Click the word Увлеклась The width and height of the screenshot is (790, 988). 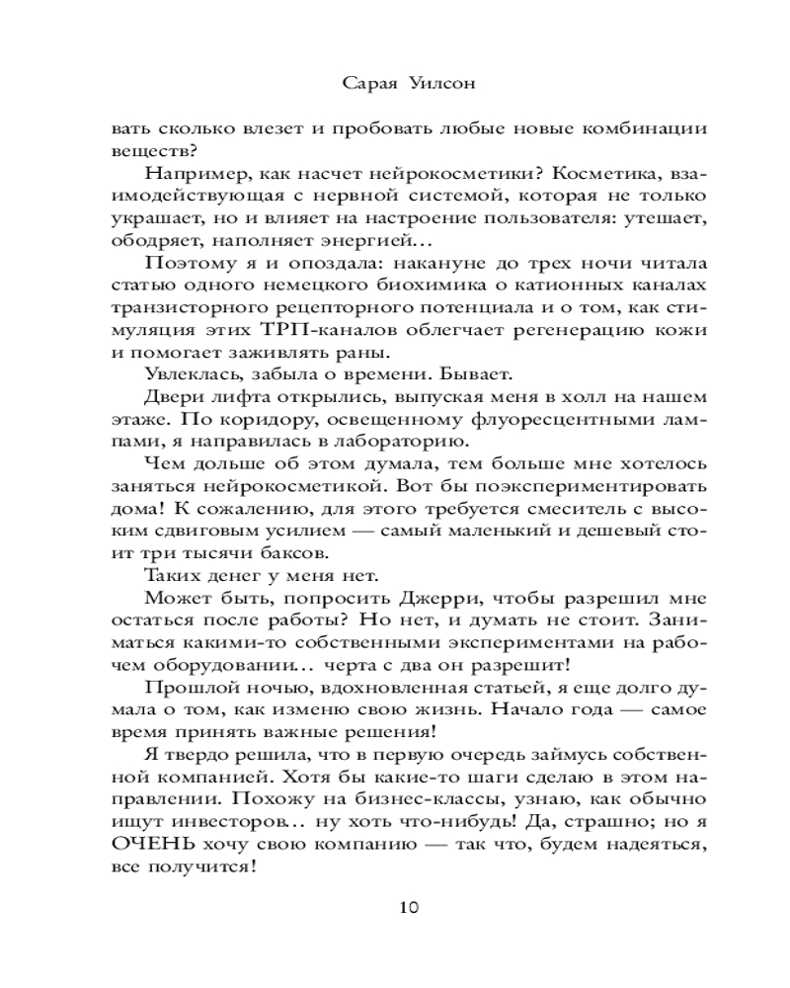[x=191, y=378]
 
